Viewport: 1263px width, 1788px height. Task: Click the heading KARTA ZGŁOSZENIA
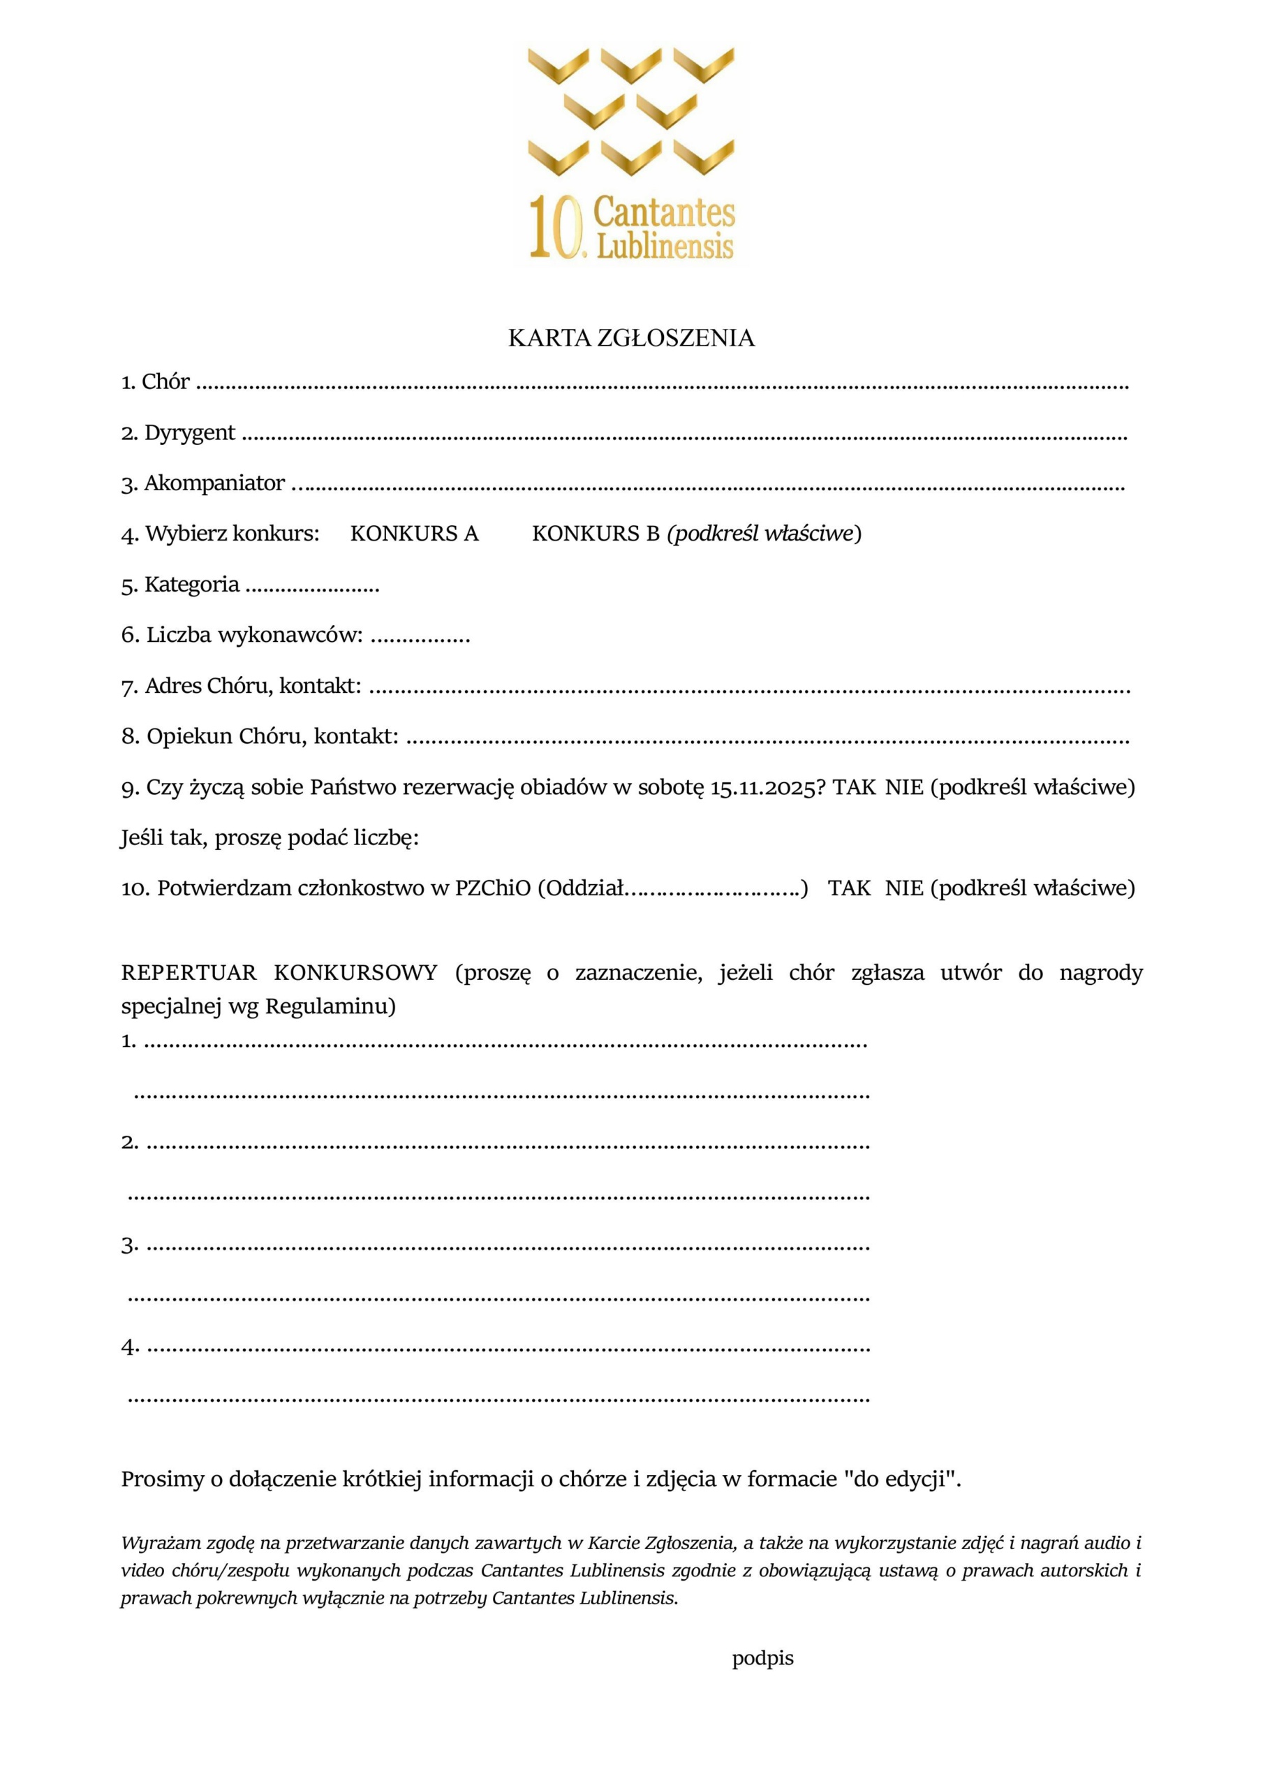(x=630, y=338)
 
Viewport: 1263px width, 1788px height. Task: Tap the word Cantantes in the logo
(x=664, y=212)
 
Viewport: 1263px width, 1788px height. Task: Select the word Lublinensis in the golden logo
(x=665, y=245)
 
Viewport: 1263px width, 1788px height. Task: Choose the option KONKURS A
(x=414, y=534)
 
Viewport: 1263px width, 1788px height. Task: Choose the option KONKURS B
(x=596, y=534)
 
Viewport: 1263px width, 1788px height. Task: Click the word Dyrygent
(x=189, y=433)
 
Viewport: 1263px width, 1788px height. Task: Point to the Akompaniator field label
(x=214, y=483)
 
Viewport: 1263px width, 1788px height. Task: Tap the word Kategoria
(x=191, y=585)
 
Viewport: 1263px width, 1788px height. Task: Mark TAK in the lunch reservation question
(x=854, y=787)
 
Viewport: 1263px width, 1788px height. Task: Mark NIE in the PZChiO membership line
(x=904, y=888)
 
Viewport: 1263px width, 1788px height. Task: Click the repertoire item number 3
(x=129, y=1245)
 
